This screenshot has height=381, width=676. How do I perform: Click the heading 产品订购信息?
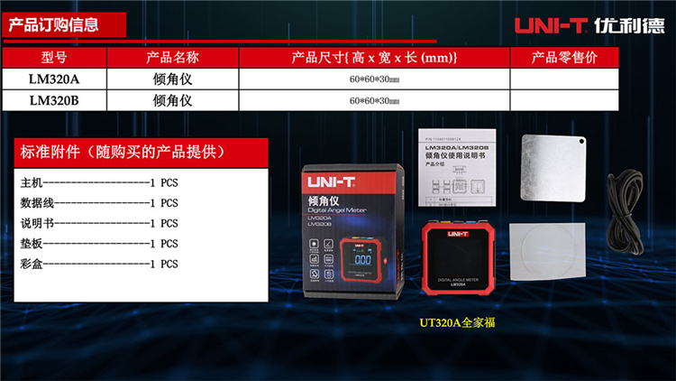(x=53, y=24)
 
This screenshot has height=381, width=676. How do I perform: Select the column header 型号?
(x=54, y=58)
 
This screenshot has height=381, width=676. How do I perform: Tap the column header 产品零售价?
(x=564, y=58)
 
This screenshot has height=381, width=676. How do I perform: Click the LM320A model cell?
(x=54, y=79)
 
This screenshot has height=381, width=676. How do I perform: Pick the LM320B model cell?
(x=54, y=101)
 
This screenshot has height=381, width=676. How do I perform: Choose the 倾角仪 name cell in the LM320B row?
(x=172, y=101)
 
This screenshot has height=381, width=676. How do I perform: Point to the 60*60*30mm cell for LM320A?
(x=374, y=79)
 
